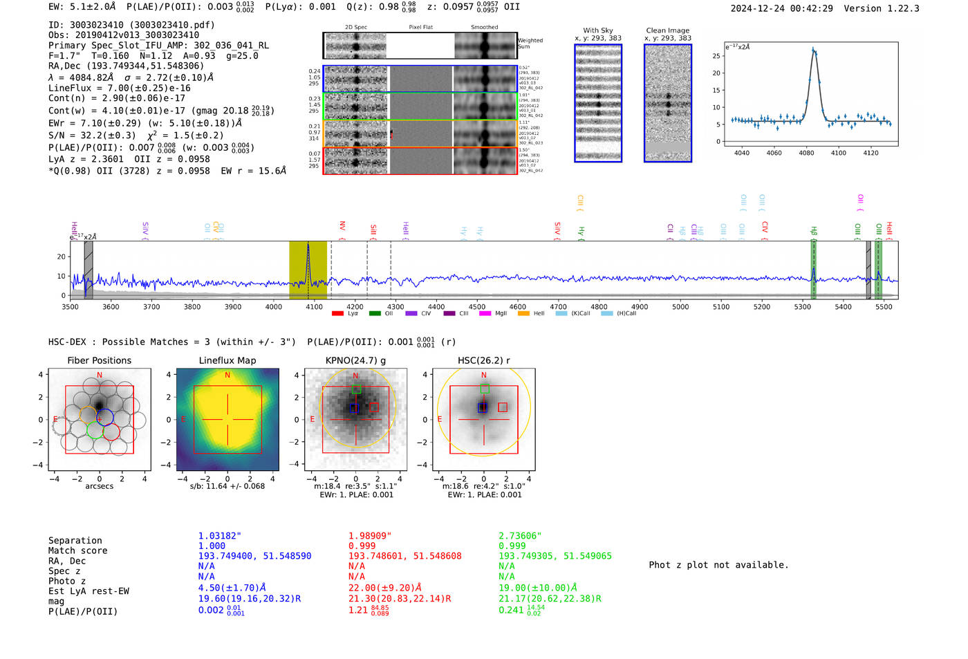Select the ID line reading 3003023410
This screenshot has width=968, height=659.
(131, 25)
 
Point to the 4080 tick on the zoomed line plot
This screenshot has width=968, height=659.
(806, 153)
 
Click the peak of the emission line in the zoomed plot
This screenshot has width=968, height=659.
(813, 49)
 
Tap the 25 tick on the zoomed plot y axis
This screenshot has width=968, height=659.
(716, 56)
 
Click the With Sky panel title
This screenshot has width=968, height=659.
(597, 30)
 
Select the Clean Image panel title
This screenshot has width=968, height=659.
(667, 30)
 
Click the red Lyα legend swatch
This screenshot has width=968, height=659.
(337, 313)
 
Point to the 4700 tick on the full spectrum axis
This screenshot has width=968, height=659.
(558, 306)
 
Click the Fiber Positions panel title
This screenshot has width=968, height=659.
(99, 360)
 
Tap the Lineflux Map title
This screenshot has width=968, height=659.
(227, 360)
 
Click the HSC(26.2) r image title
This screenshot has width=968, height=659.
(483, 360)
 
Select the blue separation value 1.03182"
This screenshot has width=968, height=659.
(220, 536)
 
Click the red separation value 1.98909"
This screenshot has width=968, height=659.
(370, 536)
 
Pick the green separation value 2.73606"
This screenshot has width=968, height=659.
(520, 536)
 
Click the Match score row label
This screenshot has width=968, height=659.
(77, 550)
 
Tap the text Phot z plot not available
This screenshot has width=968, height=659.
(718, 565)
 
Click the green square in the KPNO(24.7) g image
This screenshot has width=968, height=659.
(356, 389)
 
